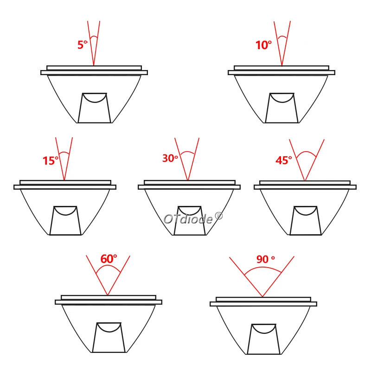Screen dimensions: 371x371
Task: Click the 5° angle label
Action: point(83,45)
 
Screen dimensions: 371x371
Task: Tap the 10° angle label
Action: point(263,45)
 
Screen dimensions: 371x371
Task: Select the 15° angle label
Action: point(51,160)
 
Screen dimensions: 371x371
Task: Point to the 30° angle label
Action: point(170,158)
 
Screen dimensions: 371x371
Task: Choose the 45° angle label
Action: point(284,160)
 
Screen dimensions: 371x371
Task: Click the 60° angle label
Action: point(109,259)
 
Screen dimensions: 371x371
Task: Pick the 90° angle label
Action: point(265,259)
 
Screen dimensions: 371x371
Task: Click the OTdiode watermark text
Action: point(193,218)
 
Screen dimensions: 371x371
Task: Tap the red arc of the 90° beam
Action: point(262,268)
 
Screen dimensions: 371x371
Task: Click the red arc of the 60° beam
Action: point(108,266)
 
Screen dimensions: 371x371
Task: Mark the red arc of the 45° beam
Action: point(306,152)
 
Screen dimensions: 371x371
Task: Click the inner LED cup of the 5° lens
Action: point(95,108)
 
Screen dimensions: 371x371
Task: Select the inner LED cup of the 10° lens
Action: point(282,108)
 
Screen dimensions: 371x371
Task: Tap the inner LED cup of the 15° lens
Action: point(65,221)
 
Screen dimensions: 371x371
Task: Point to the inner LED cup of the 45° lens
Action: point(306,221)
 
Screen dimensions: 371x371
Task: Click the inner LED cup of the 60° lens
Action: point(109,338)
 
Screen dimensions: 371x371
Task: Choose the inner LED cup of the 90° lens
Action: point(263,339)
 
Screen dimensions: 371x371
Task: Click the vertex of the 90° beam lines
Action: point(262,296)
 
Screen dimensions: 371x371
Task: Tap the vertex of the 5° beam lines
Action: point(94,65)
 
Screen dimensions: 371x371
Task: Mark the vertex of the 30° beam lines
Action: point(188,180)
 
